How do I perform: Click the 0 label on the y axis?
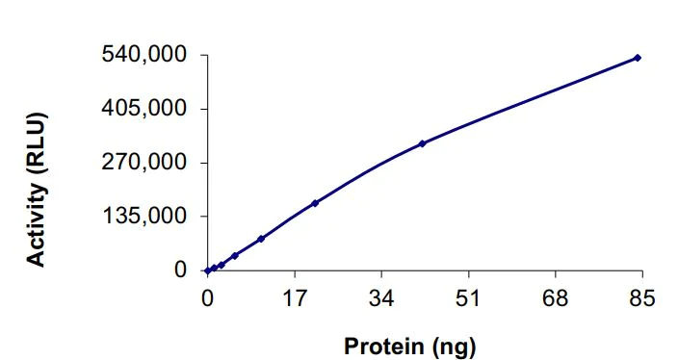click(x=180, y=270)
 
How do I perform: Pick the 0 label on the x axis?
click(x=207, y=298)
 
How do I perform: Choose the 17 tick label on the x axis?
click(x=294, y=298)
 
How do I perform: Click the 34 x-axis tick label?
click(x=381, y=298)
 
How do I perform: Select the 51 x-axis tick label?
click(x=468, y=298)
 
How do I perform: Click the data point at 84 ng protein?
click(x=638, y=58)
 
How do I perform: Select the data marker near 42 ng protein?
click(x=422, y=143)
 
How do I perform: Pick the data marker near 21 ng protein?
click(x=315, y=203)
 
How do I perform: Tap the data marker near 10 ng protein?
click(x=261, y=239)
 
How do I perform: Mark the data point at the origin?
click(x=207, y=270)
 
